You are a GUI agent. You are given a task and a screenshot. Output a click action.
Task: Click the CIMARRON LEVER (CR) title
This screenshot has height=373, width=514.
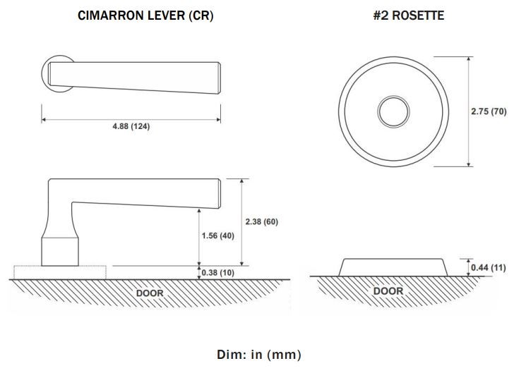click(x=145, y=16)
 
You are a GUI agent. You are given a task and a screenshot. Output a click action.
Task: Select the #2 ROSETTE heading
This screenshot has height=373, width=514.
click(x=409, y=16)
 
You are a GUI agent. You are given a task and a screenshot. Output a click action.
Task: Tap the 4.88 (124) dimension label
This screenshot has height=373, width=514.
click(x=131, y=126)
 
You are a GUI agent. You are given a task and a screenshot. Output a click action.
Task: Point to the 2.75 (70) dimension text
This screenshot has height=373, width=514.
click(x=489, y=111)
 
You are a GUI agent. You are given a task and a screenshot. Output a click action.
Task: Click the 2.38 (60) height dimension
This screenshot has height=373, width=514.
click(x=261, y=221)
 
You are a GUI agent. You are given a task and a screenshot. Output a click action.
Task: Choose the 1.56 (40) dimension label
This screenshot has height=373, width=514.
click(x=218, y=236)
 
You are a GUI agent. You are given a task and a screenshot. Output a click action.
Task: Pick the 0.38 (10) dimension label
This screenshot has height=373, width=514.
click(x=218, y=272)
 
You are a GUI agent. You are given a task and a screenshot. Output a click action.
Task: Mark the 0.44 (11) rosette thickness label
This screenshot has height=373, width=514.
click(x=489, y=267)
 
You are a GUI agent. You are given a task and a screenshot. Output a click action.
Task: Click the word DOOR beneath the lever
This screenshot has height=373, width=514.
click(x=150, y=293)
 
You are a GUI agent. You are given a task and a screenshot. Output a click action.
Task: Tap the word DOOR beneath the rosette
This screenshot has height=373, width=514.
click(x=388, y=291)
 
